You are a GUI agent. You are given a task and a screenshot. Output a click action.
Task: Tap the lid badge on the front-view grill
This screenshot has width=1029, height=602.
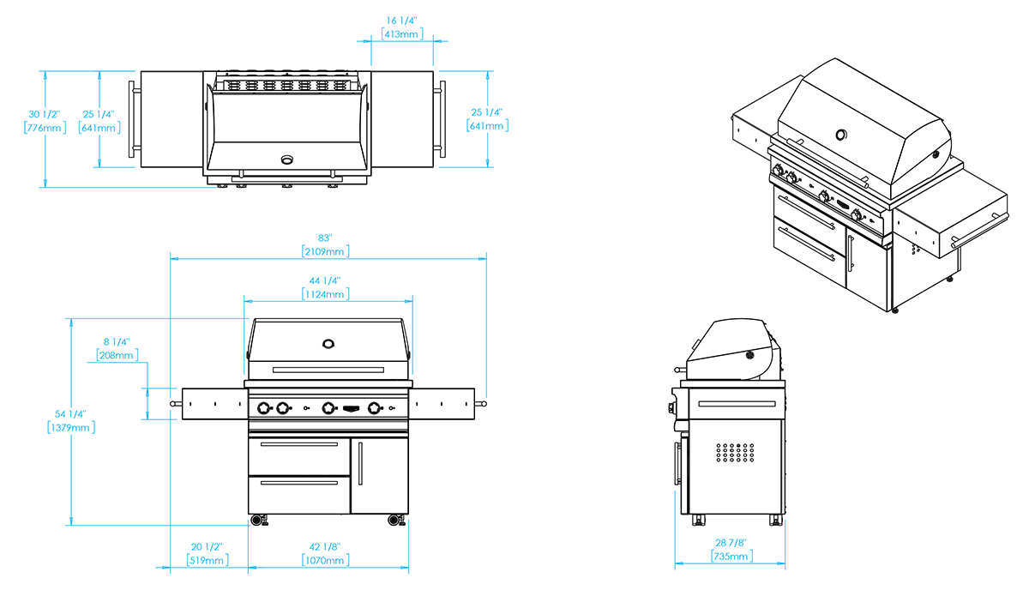click(327, 347)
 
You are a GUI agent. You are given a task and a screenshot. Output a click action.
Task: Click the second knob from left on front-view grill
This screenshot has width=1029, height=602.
click(280, 407)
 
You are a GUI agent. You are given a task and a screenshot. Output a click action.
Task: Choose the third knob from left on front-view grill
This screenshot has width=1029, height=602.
click(326, 407)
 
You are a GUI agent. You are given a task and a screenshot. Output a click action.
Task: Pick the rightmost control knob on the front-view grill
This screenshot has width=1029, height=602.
click(371, 407)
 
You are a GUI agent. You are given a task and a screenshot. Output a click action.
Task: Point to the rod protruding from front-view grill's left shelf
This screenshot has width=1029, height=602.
click(168, 403)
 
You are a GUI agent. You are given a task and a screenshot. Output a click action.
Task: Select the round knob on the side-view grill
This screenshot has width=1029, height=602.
click(750, 355)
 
